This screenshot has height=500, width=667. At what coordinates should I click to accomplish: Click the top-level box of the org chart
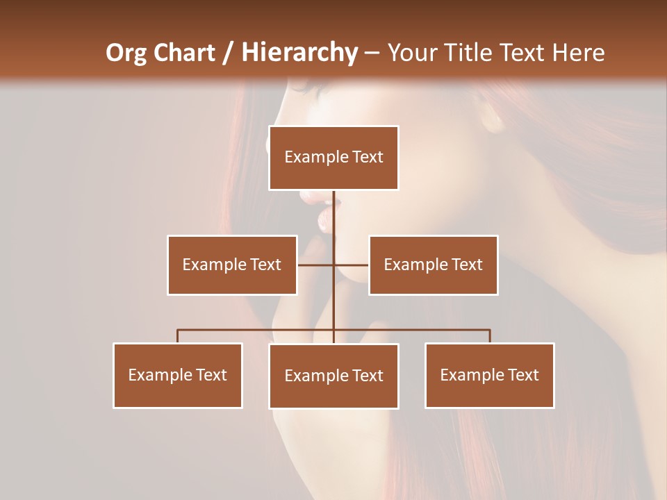point(333,158)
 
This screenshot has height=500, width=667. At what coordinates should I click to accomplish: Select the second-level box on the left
point(232,265)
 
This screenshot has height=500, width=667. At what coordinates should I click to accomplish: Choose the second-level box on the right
point(433,265)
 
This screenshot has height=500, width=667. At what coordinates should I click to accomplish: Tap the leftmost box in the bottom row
point(178,375)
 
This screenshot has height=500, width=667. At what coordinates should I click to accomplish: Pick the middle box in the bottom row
point(333,376)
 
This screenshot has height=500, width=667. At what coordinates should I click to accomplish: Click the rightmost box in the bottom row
point(489,375)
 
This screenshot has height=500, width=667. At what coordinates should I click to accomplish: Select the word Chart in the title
point(183,53)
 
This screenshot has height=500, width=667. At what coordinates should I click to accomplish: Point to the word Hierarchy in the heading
point(299,53)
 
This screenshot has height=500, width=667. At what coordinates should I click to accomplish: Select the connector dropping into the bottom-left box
point(178,336)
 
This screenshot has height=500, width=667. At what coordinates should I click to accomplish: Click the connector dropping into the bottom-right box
point(490,336)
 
